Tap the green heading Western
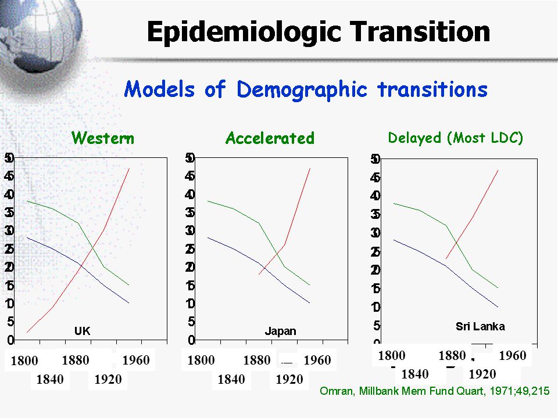(102, 139)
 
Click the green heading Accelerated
(270, 139)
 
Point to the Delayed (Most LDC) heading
(456, 138)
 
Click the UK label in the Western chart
(82, 331)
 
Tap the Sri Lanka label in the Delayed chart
(480, 326)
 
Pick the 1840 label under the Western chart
(50, 380)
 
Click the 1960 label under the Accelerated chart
(317, 361)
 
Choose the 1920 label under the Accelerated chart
(289, 380)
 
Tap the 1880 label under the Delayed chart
(452, 355)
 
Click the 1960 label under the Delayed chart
(512, 355)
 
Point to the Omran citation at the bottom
(435, 391)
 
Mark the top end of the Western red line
(128, 168)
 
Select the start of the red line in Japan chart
(259, 274)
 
